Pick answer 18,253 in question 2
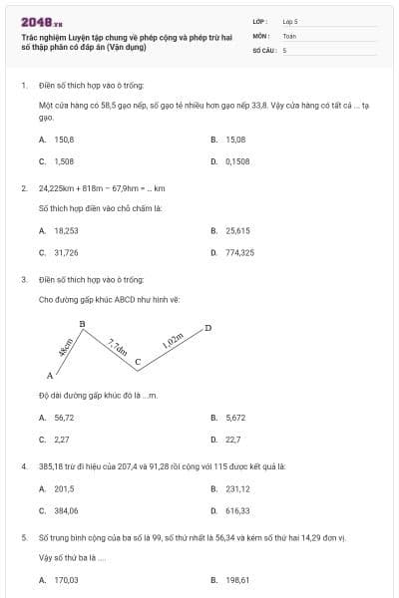point(66,230)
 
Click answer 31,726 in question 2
point(66,252)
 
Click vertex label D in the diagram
point(207,327)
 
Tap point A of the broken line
point(50,376)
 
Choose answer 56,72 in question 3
point(64,418)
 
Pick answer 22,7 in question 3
point(233,439)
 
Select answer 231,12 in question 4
point(237,488)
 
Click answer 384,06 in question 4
point(66,510)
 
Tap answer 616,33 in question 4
point(237,510)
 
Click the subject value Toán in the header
point(289,35)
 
